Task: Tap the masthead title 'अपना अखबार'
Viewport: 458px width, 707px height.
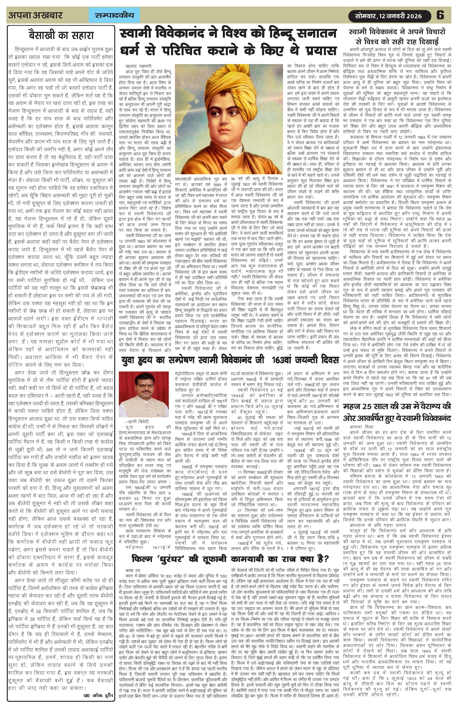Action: pyautogui.click(x=36, y=15)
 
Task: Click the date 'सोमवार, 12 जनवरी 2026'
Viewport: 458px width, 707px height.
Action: pyautogui.click(x=389, y=16)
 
